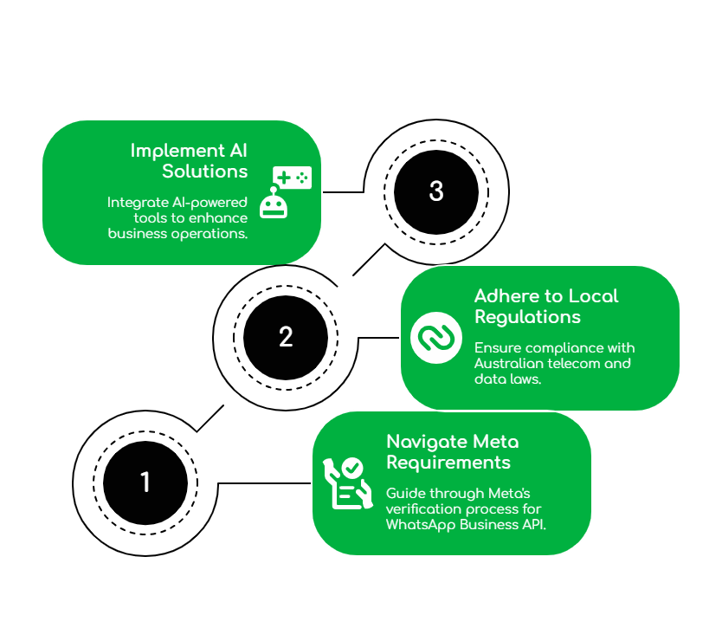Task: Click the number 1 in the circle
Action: point(145,482)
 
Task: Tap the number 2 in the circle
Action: point(286,337)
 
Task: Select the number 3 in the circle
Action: point(436,191)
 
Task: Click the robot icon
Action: point(274,204)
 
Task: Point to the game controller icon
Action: point(292,178)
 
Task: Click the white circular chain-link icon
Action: point(435,338)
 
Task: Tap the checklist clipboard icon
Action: point(343,482)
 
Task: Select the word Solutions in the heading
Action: point(205,172)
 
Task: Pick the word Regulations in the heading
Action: point(527,317)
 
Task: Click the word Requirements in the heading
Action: point(448,463)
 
